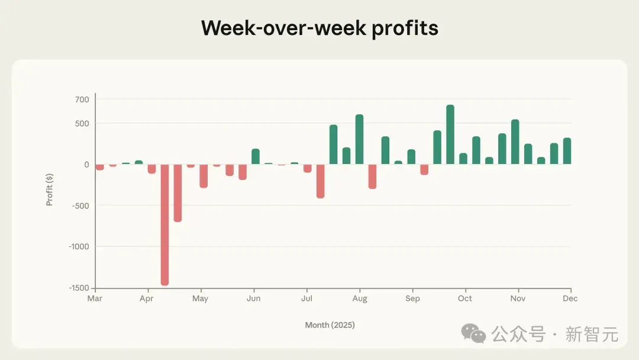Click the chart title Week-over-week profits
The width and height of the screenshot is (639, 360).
(x=319, y=28)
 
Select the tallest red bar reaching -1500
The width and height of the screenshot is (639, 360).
(x=164, y=224)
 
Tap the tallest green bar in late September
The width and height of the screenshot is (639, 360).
(x=450, y=134)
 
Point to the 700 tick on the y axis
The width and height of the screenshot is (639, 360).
(x=82, y=99)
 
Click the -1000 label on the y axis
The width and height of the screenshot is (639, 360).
(x=79, y=247)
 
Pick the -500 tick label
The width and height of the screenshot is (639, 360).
(x=80, y=206)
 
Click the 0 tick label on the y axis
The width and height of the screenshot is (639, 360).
(x=86, y=165)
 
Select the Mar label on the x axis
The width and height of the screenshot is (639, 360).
(x=95, y=298)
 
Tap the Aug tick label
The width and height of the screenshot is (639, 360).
(x=360, y=299)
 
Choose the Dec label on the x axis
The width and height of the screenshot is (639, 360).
(x=570, y=298)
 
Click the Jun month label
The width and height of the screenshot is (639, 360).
(x=253, y=298)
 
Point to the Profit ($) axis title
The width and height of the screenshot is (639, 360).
(x=49, y=189)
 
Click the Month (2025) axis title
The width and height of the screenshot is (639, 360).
(x=330, y=325)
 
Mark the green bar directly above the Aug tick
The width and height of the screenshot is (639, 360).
(x=360, y=139)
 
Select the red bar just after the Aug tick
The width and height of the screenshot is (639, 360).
(x=373, y=176)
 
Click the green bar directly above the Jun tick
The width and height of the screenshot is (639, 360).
(x=256, y=156)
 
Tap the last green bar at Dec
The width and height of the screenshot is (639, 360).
(x=567, y=151)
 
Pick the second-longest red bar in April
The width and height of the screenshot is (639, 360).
(x=177, y=193)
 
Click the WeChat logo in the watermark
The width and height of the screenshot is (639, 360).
(x=473, y=333)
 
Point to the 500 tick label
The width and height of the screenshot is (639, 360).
(x=82, y=124)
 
